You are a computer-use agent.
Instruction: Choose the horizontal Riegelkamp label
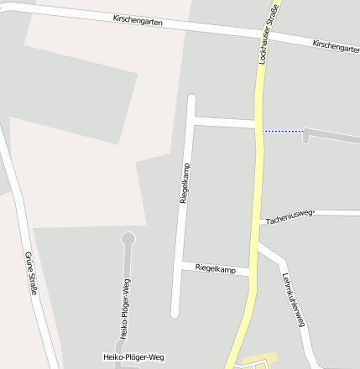pyautogui.click(x=216, y=268)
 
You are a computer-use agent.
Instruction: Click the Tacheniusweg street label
pyautogui.click(x=289, y=218)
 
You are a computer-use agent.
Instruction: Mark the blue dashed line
pyautogui.click(x=283, y=131)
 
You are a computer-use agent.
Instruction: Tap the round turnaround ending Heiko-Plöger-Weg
pyautogui.click(x=128, y=239)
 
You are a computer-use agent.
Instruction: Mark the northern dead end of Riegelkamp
pyautogui.click(x=191, y=99)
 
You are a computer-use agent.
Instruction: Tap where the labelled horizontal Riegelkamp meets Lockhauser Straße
pyautogui.click(x=253, y=272)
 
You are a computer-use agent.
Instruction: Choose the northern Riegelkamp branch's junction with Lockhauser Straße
pyautogui.click(x=258, y=124)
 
